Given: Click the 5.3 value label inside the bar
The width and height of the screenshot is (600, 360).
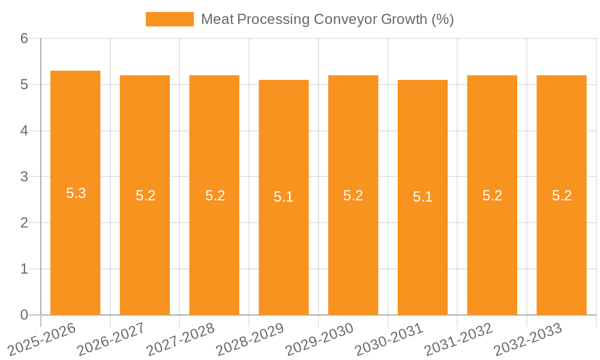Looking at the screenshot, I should pos(76,193).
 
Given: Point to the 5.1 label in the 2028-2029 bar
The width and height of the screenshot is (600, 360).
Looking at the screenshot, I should pos(283,197).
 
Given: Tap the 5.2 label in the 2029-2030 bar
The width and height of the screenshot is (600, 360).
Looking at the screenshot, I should pos(353,196).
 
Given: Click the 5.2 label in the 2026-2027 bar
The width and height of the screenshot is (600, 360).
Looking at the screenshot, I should pos(145,196).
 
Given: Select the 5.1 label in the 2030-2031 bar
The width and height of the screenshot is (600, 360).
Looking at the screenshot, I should pos(422,197).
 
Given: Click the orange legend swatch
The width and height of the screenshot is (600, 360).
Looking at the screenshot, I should pos(169,19).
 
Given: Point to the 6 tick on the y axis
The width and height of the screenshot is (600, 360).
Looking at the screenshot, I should pos(25,39).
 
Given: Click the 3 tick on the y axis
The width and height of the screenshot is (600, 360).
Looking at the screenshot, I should pos(25,177).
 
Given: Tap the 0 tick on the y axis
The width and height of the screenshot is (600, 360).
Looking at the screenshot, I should pos(25,315).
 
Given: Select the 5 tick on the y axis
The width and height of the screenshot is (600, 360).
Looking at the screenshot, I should pos(25,85).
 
